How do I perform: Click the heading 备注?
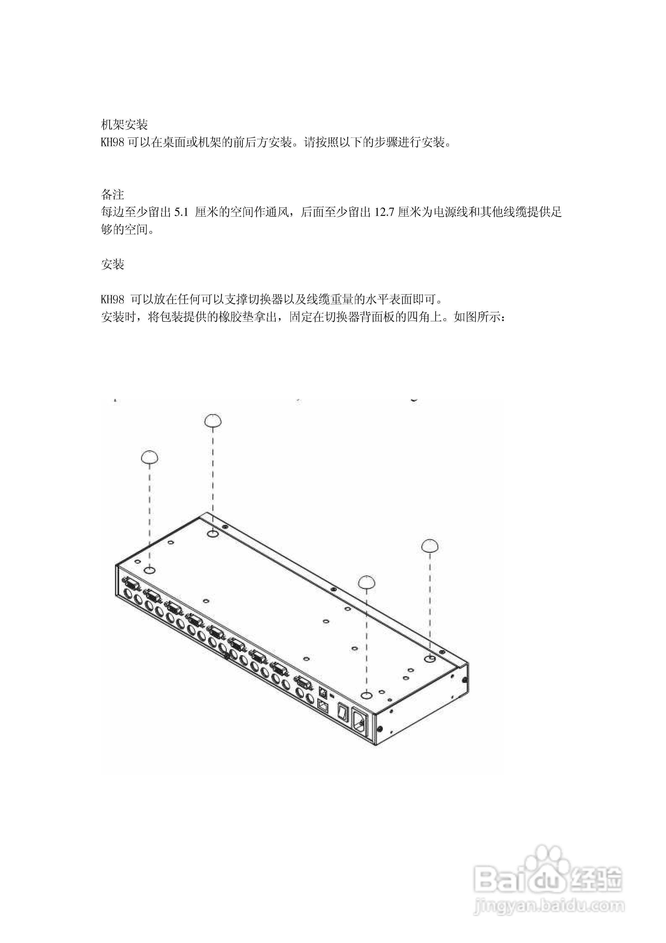(112, 194)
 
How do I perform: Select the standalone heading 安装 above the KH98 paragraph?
(112, 264)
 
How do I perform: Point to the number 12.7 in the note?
(384, 212)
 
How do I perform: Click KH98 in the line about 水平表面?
(112, 299)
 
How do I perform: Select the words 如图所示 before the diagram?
(477, 317)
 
